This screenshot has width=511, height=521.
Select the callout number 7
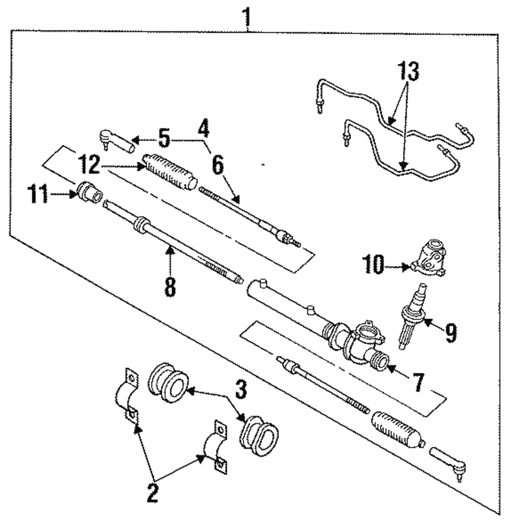pyautogui.click(x=418, y=382)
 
